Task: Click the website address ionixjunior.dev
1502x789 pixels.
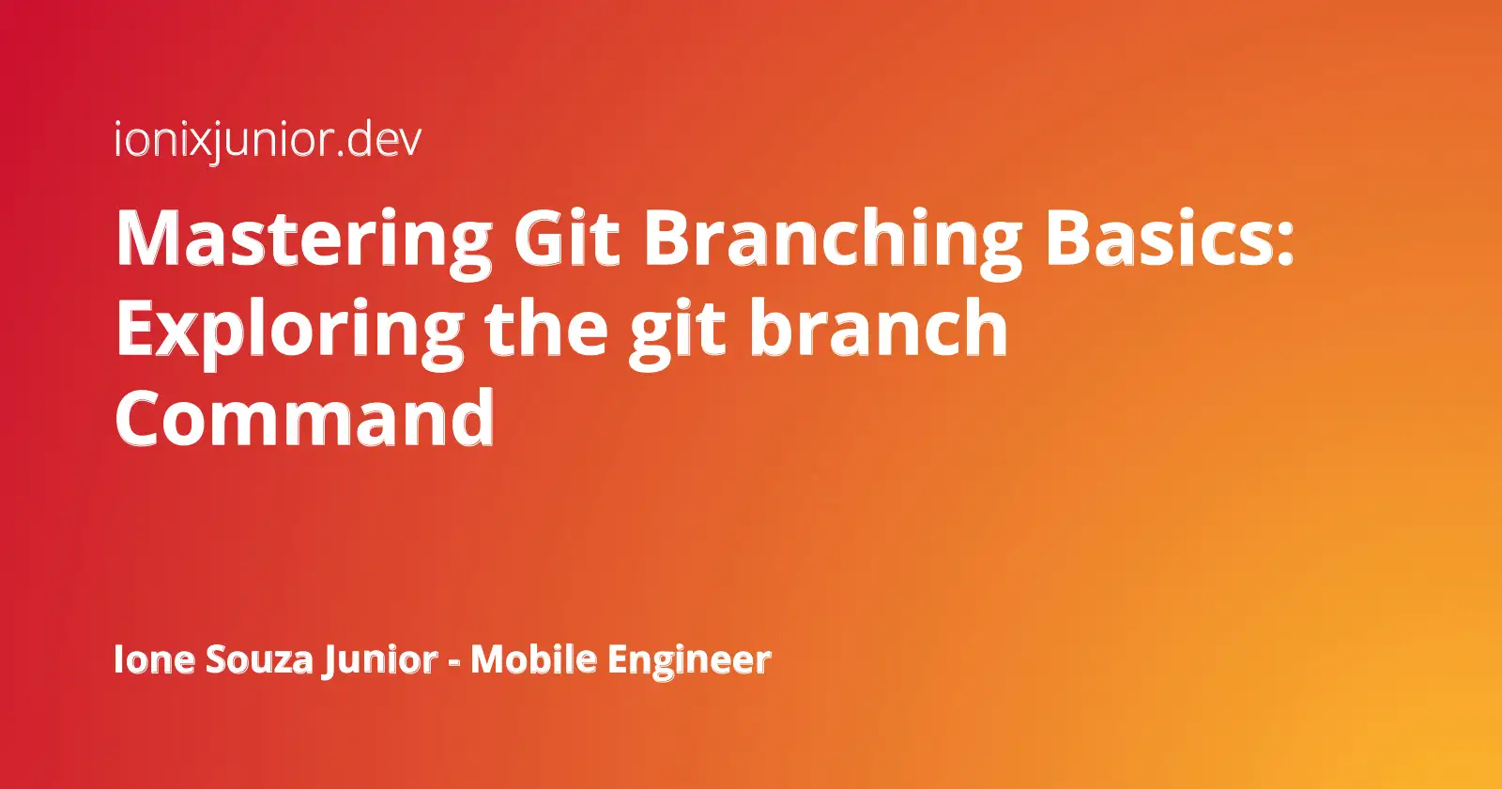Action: tap(268, 140)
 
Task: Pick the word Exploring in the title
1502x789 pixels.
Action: tap(290, 330)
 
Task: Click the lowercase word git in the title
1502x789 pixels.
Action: tap(677, 333)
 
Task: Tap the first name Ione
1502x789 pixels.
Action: tap(154, 659)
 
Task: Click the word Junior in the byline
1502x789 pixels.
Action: tap(380, 661)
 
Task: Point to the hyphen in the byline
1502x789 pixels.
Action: tap(454, 662)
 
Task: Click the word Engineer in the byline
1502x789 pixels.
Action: tap(689, 661)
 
